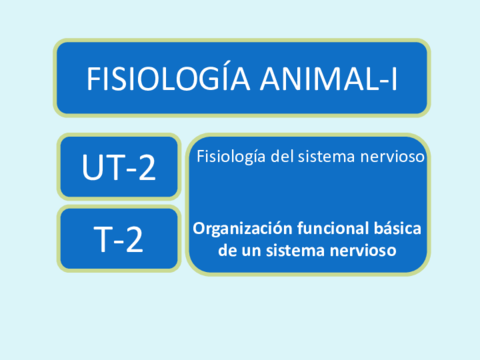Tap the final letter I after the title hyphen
(394, 79)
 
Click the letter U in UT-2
(92, 167)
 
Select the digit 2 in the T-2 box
(134, 239)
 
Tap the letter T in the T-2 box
(104, 239)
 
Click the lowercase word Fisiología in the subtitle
(231, 157)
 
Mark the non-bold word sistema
(326, 156)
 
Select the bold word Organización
(243, 229)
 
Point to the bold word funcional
(333, 228)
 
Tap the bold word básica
(397, 228)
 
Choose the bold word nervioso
(363, 250)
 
